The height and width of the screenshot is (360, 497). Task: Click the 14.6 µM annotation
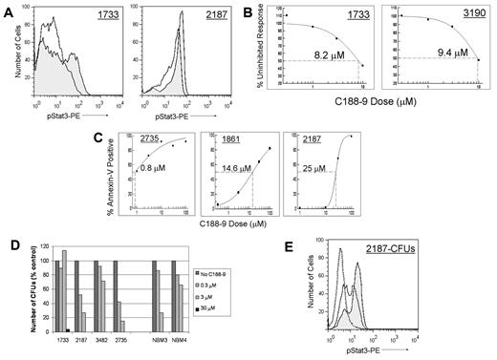pyautogui.click(x=227, y=180)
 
